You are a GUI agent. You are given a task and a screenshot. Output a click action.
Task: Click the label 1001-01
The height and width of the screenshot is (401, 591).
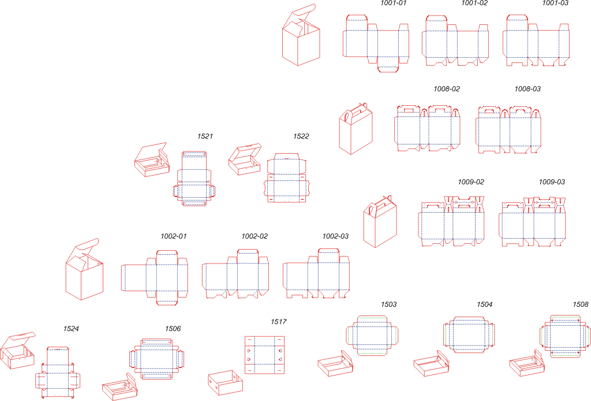pos(393,3)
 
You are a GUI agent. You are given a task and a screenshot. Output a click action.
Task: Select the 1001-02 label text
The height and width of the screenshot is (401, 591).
pos(474,3)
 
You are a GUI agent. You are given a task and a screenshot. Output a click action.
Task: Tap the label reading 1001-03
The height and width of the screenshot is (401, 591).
pos(555,3)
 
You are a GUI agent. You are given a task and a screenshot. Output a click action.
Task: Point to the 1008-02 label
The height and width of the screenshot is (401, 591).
pos(447,89)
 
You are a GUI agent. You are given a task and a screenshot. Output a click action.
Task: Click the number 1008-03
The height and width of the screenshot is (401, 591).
pos(528,89)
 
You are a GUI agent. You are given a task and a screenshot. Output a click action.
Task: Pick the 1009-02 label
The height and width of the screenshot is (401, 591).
pos(471,182)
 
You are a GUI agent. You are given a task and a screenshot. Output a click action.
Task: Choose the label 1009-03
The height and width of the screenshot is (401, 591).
pos(552,182)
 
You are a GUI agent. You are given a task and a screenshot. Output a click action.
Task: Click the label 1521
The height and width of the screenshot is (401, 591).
pos(205,137)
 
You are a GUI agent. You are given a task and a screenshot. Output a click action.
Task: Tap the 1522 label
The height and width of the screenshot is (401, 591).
pos(301,137)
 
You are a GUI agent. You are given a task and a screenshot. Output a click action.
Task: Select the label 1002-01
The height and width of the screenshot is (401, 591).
pos(174,236)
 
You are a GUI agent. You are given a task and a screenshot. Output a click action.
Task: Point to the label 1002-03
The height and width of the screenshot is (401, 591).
pos(335,236)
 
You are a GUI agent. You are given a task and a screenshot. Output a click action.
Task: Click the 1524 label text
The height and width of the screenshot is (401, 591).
pos(71,329)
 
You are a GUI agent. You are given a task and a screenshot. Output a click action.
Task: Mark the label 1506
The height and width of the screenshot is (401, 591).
pos(173,329)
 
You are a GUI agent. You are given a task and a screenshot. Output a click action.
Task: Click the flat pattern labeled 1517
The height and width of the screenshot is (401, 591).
pos(264,354)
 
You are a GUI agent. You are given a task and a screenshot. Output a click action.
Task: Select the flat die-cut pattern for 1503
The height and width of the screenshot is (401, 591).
pos(373,335)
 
